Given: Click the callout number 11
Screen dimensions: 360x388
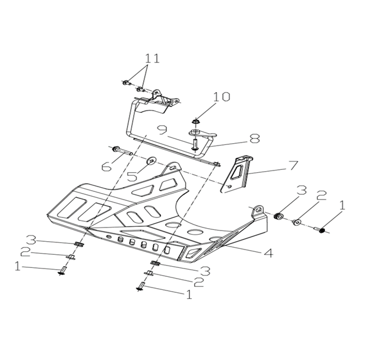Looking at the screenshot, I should pyautogui.click(x=152, y=58).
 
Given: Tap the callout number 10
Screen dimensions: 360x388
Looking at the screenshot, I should pyautogui.click(x=221, y=97).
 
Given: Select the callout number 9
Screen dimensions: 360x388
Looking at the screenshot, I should pyautogui.click(x=162, y=129).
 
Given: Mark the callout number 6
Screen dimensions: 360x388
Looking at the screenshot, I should pyautogui.click(x=106, y=167).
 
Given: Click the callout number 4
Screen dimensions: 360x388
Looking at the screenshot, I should pyautogui.click(x=268, y=252).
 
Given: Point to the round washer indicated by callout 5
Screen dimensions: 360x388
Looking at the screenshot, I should pyautogui.click(x=151, y=160).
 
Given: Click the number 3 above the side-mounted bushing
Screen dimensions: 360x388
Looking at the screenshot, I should pyautogui.click(x=302, y=191).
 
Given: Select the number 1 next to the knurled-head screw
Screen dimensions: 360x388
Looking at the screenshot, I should pyautogui.click(x=342, y=206).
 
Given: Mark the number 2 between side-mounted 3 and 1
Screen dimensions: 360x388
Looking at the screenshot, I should pyautogui.click(x=321, y=197).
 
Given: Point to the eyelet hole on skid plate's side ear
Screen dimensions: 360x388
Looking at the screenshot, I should pyautogui.click(x=258, y=210).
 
